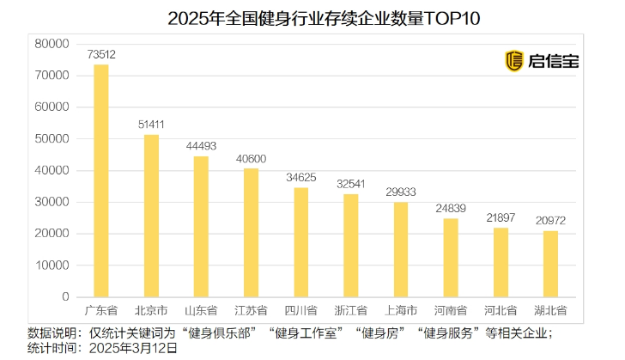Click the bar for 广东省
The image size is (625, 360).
pos(100,180)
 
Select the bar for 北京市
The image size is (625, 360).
pos(151,216)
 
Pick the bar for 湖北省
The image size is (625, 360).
pos(550,264)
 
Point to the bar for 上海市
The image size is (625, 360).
pos(400,250)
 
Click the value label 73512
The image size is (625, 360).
pos(101,55)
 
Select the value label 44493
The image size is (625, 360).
pos(201,146)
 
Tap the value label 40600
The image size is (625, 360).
pos(251,158)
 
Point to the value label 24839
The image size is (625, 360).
pos(451,208)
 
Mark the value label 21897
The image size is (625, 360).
pos(501,217)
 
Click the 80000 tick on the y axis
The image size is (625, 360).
pos(52,44)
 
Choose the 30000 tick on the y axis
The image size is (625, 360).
pos(52,202)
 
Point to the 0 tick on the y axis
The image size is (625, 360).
pos(64,296)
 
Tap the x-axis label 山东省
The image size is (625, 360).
pos(201,310)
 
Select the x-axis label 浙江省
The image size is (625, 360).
pos(350,310)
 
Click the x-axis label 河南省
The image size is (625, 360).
pos(451,310)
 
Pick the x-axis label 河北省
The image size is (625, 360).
pos(501,310)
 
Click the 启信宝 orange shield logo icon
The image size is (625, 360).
pos(514,60)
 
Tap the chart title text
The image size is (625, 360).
pos(312,17)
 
